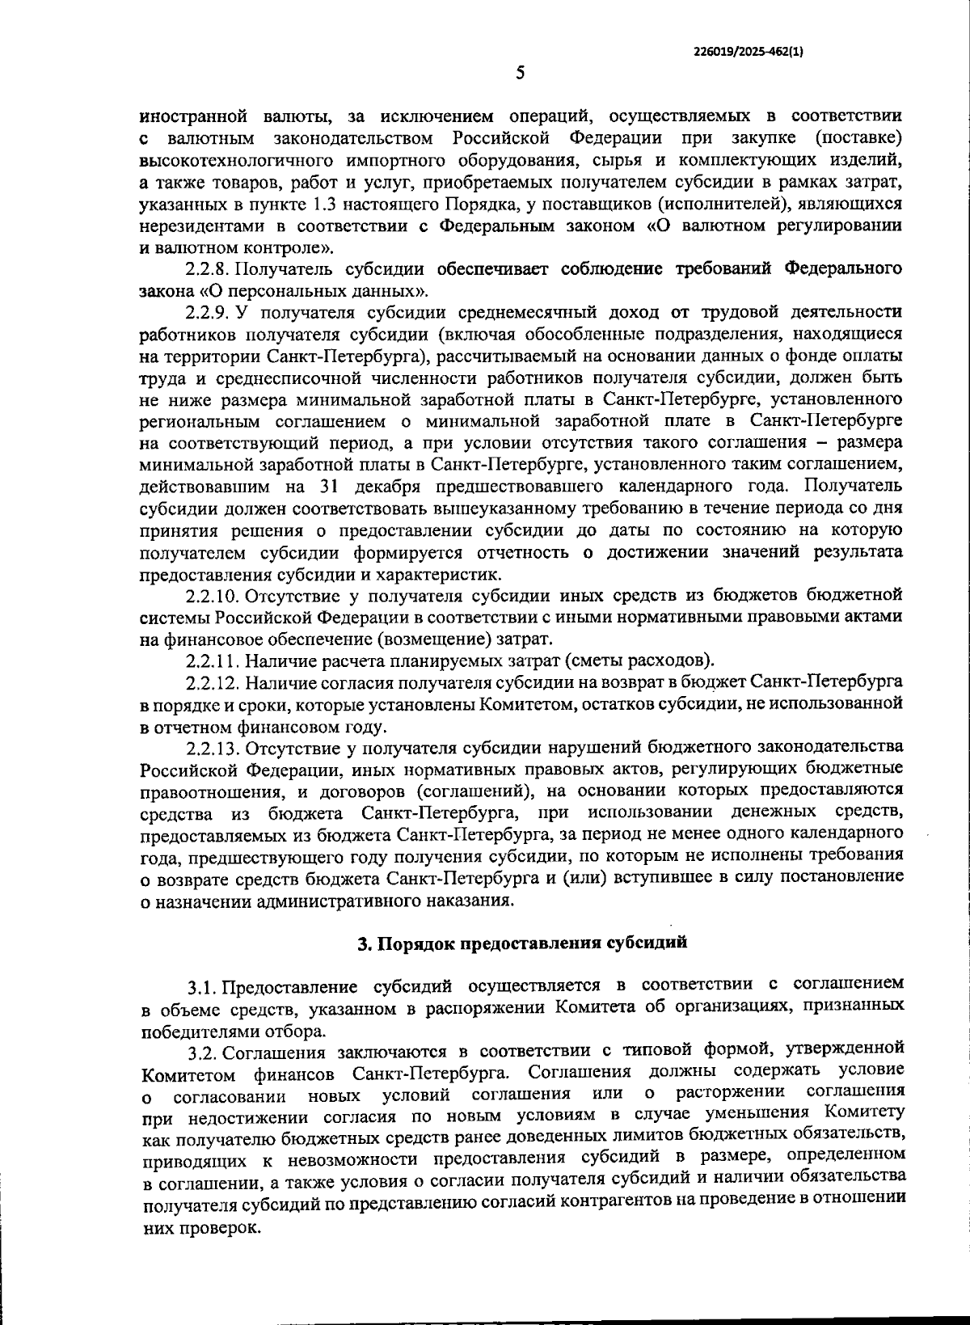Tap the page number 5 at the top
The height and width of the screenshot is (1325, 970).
click(521, 74)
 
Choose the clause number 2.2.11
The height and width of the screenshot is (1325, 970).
click(213, 660)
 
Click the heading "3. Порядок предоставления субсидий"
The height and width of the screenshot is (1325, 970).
click(521, 943)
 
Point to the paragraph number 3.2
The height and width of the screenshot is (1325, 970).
click(203, 1053)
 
